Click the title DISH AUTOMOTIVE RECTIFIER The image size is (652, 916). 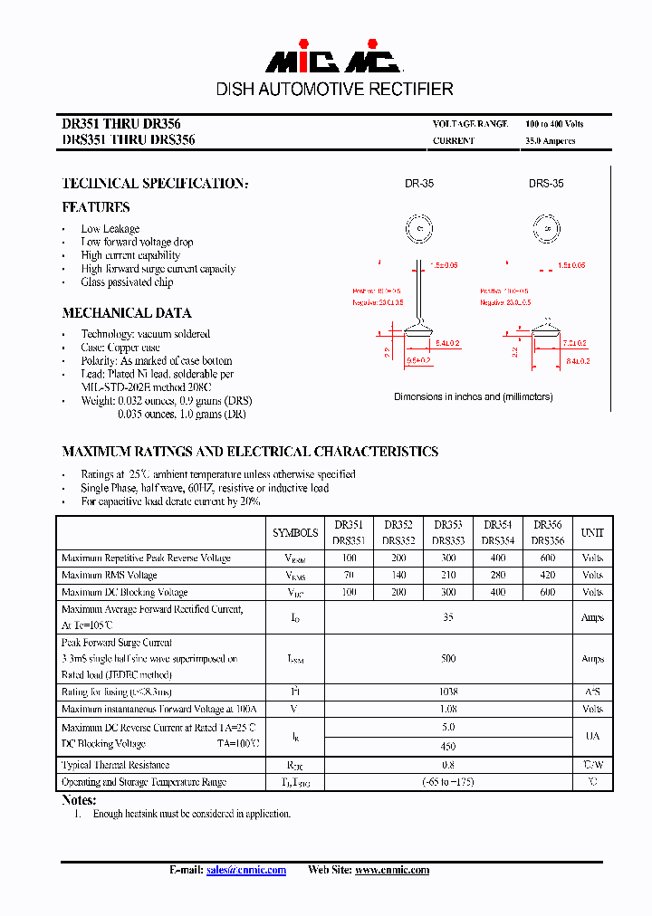point(334,89)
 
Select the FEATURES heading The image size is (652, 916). point(96,207)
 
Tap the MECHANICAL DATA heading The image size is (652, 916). point(127,313)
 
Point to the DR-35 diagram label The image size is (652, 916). point(418,184)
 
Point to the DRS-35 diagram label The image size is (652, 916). point(546,184)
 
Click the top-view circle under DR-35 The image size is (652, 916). point(419,228)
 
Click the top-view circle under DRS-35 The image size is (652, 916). point(547,228)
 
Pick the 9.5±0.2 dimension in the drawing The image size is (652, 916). point(418,360)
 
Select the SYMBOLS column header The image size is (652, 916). point(295,533)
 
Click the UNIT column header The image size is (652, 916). point(592,533)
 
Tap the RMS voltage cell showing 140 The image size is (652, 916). point(398,576)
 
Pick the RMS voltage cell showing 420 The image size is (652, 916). point(547,576)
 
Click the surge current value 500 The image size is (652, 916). point(448,659)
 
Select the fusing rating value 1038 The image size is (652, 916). point(448,692)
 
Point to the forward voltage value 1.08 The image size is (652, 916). point(448,710)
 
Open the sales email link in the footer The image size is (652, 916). point(246,871)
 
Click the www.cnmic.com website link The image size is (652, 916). point(392,871)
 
